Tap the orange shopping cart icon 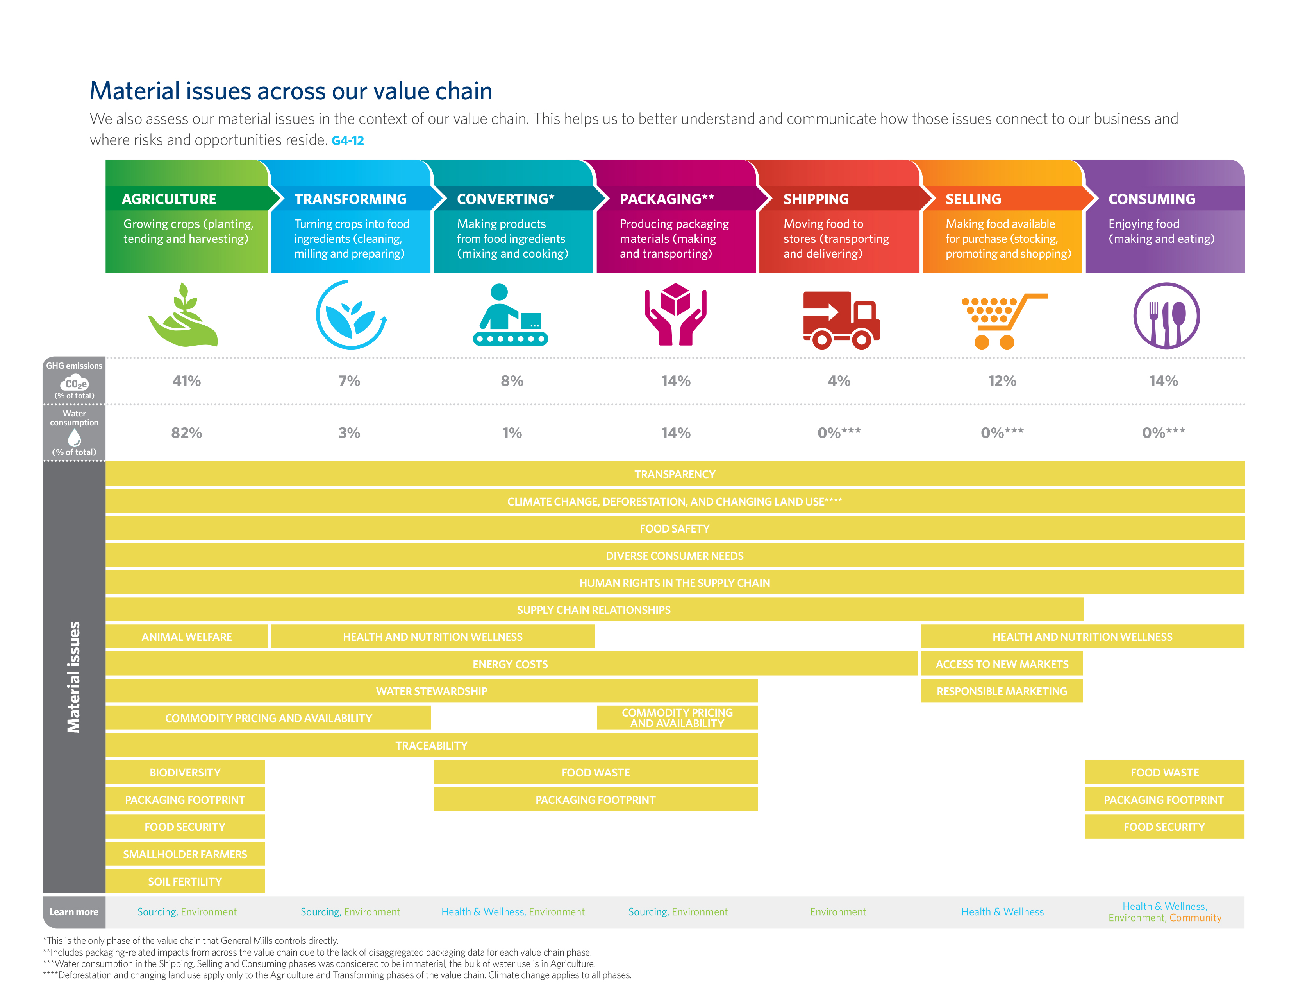coord(1004,321)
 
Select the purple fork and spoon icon coord(1166,316)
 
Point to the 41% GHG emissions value coord(186,381)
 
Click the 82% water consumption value coord(186,433)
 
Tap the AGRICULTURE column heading coord(170,199)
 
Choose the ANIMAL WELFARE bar coord(186,637)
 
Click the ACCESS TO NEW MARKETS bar coord(1002,664)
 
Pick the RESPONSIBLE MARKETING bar coord(1002,691)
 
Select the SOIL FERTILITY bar coord(185,881)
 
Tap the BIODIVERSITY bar coord(185,773)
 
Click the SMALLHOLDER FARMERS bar coord(185,854)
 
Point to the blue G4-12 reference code coord(348,141)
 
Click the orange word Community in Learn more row coord(1195,918)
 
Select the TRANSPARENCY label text coord(675,474)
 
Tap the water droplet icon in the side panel coord(74,438)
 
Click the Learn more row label coord(74,912)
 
